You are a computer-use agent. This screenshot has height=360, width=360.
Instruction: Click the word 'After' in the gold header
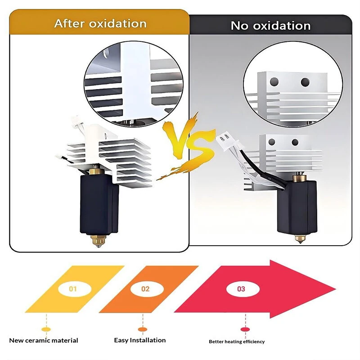tap(70, 23)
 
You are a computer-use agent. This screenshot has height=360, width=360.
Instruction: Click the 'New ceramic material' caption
tap(44, 340)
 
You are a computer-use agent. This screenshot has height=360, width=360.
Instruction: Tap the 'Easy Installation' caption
tap(140, 340)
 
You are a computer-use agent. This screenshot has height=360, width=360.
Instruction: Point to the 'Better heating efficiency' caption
tap(237, 342)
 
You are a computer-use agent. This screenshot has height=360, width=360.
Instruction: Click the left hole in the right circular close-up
tap(274, 81)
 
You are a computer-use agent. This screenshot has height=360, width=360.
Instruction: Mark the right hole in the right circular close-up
tap(305, 82)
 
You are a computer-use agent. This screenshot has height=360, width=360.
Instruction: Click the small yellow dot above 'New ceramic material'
tap(46, 329)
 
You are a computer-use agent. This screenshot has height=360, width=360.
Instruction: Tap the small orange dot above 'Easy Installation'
tap(143, 329)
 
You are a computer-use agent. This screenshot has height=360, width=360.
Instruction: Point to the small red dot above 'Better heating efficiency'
tap(245, 329)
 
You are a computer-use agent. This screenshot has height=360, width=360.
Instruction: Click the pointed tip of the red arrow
tap(336, 289)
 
